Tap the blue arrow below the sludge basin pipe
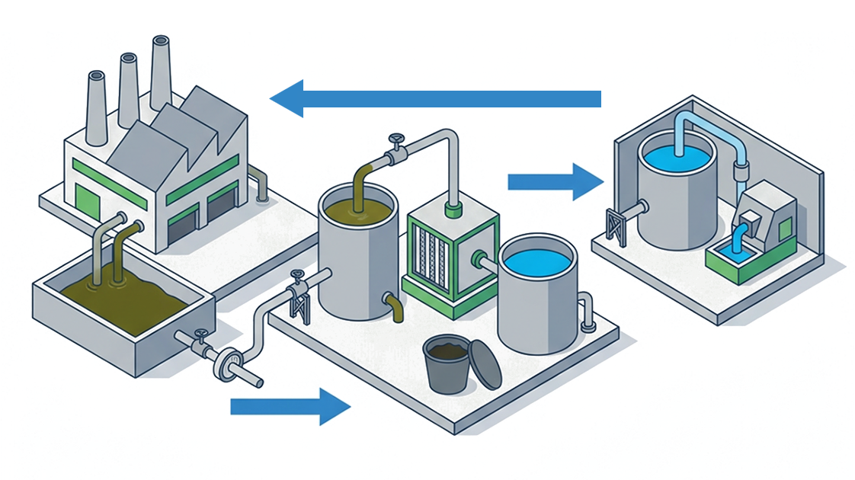(290, 405)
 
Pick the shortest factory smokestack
(96, 107)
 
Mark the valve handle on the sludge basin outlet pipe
(200, 334)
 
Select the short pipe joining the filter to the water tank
(487, 261)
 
